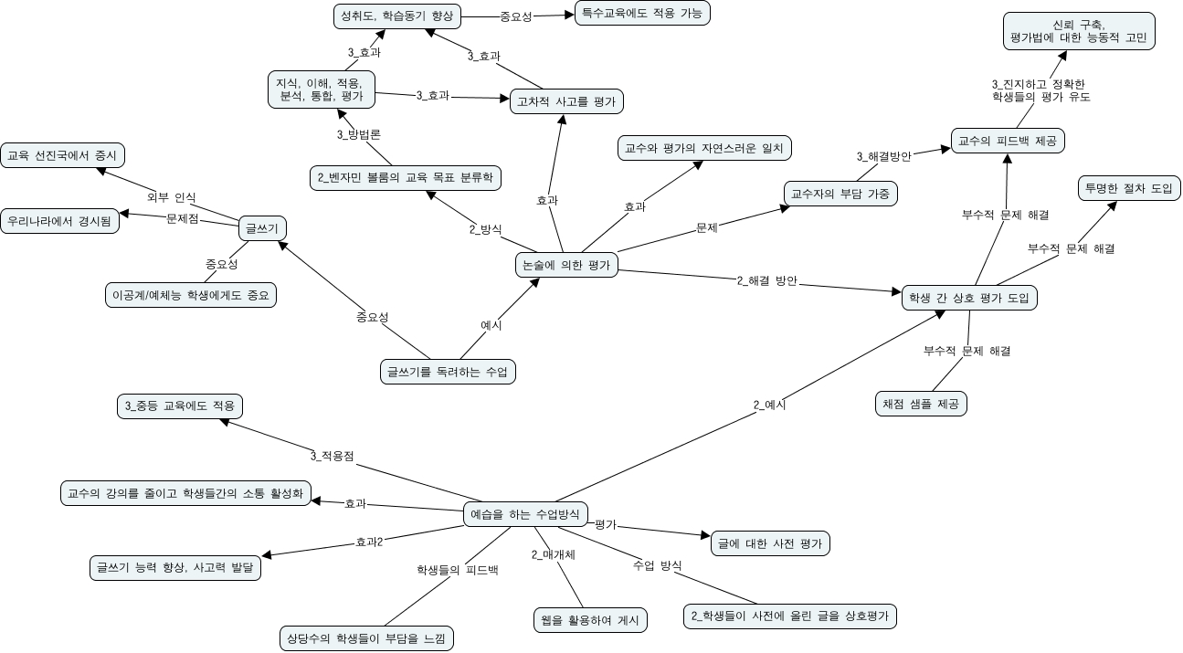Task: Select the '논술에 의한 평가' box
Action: click(566, 265)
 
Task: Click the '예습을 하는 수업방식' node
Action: click(524, 514)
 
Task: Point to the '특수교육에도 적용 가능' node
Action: click(642, 14)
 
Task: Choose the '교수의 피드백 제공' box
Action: click(1008, 141)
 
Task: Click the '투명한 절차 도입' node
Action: click(1129, 189)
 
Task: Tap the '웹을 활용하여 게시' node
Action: click(590, 621)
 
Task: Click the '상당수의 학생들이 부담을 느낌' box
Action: click(365, 637)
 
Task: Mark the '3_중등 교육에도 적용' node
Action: click(180, 405)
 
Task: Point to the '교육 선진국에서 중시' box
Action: click(62, 155)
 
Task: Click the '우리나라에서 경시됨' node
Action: click(60, 221)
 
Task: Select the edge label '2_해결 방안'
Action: click(767, 281)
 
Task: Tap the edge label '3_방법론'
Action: click(358, 134)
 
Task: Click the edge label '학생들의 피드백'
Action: click(457, 570)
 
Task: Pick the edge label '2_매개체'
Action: click(553, 554)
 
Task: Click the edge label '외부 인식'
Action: click(171, 197)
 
